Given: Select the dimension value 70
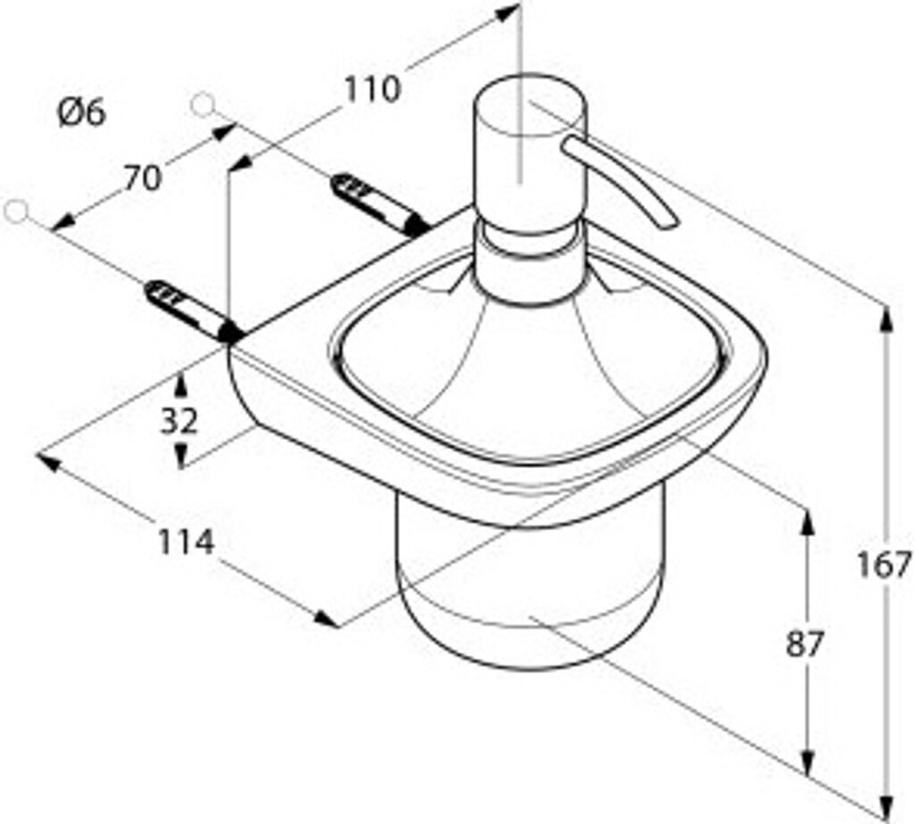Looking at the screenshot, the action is pyautogui.click(x=142, y=179).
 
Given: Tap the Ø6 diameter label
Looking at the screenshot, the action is pyautogui.click(x=82, y=112).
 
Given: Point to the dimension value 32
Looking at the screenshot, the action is pyautogui.click(x=179, y=421).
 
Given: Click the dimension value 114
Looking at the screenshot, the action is pyautogui.click(x=187, y=542).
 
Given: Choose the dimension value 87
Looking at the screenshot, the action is pyautogui.click(x=804, y=644).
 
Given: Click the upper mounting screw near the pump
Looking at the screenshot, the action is pyautogui.click(x=379, y=204).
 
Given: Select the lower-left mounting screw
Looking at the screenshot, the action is pyautogui.click(x=193, y=311).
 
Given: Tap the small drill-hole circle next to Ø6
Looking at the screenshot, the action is pyautogui.click(x=203, y=105).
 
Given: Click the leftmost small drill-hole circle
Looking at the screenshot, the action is pyautogui.click(x=16, y=211).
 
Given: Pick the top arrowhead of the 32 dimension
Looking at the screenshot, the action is pyautogui.click(x=180, y=386).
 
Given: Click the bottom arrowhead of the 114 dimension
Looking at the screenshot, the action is pyautogui.click(x=326, y=618).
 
